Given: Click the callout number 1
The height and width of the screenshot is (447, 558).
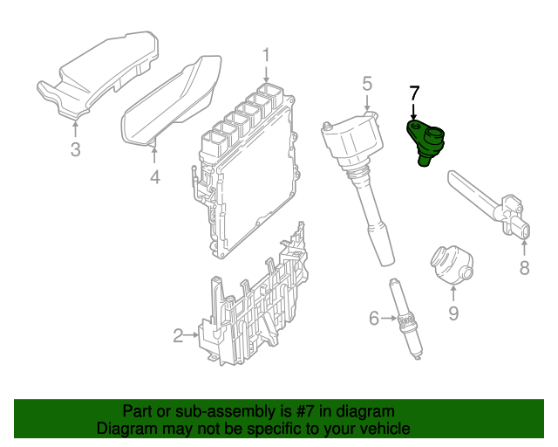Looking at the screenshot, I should click(x=268, y=58).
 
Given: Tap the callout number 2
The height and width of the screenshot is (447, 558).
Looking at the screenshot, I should click(x=178, y=335).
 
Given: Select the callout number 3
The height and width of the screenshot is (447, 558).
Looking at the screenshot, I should click(x=75, y=150).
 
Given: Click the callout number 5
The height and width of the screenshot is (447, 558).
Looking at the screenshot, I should click(x=367, y=84).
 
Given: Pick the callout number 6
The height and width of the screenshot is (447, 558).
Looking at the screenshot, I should click(x=374, y=319).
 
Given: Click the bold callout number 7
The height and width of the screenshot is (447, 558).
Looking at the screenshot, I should click(x=414, y=93).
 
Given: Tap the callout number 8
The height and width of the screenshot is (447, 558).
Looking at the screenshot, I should click(x=524, y=268).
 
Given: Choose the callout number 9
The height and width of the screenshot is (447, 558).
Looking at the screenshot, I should click(x=453, y=310).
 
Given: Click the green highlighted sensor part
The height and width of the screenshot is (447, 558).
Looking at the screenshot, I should click(x=425, y=140).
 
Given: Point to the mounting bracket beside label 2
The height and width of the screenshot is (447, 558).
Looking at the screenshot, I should click(x=257, y=306).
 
